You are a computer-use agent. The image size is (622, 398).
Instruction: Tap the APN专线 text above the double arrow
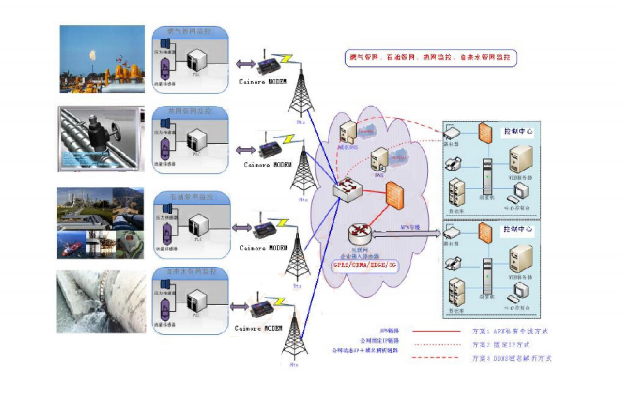[x=410, y=227]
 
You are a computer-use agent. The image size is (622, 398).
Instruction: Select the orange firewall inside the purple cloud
[x=395, y=196]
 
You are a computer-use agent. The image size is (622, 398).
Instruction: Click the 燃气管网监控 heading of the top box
[x=189, y=31]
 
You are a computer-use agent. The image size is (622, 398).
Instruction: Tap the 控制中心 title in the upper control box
[x=518, y=131]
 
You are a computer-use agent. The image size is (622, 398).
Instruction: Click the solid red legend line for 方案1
[x=436, y=331]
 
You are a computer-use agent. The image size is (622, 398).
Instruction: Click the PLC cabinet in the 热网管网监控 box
[x=197, y=141]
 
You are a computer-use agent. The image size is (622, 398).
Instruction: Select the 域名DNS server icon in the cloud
[x=348, y=132]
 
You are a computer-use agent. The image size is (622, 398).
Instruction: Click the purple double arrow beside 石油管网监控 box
[x=241, y=228]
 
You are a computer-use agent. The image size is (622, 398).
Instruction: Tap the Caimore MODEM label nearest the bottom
[x=258, y=328]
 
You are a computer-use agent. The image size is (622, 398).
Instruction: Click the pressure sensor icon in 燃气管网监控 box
[x=166, y=43]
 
